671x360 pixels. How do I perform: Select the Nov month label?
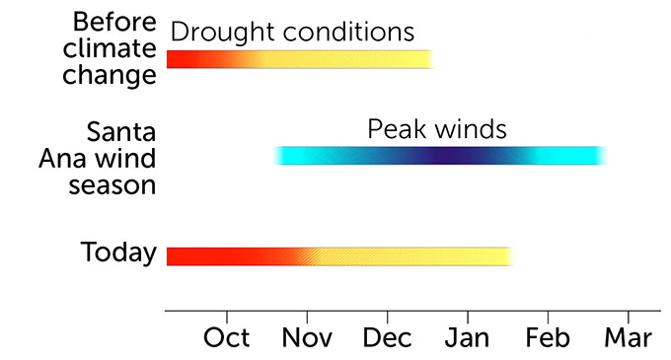[x=307, y=336]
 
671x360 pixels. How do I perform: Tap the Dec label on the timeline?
[x=387, y=336]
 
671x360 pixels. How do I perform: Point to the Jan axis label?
[x=467, y=336]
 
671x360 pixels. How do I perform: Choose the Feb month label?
[x=548, y=336]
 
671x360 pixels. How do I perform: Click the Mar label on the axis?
[x=628, y=336]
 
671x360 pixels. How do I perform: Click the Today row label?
[x=118, y=253]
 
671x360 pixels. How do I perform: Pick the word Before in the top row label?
[x=114, y=22]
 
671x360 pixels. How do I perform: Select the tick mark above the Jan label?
[x=467, y=315]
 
